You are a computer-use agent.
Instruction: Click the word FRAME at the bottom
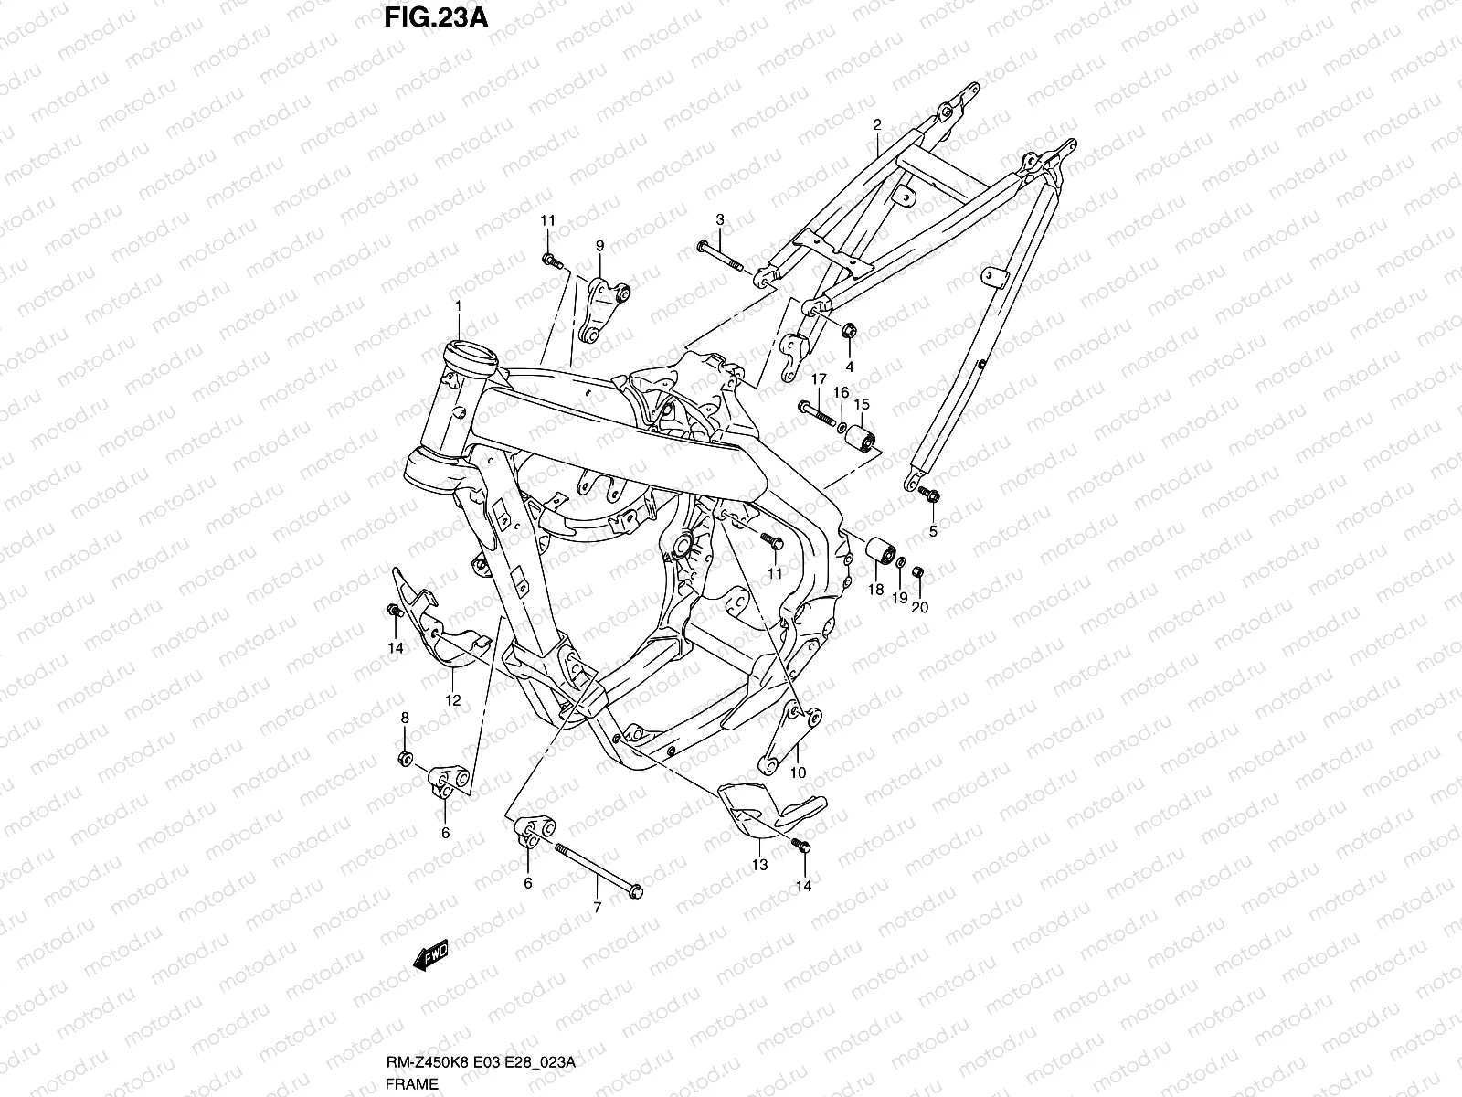point(412,1083)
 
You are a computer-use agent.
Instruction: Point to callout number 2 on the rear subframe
point(876,124)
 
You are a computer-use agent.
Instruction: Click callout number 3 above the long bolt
point(719,219)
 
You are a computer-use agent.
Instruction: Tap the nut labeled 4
point(847,331)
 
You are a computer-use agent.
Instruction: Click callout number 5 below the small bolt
point(933,531)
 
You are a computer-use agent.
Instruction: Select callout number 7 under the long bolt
point(597,908)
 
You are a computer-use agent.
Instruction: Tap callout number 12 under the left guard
point(452,701)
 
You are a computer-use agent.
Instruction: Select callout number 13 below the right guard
point(760,865)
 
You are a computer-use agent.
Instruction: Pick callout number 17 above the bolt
point(818,379)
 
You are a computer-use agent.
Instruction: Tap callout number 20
point(919,606)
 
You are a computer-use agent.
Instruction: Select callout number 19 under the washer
point(899,598)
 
